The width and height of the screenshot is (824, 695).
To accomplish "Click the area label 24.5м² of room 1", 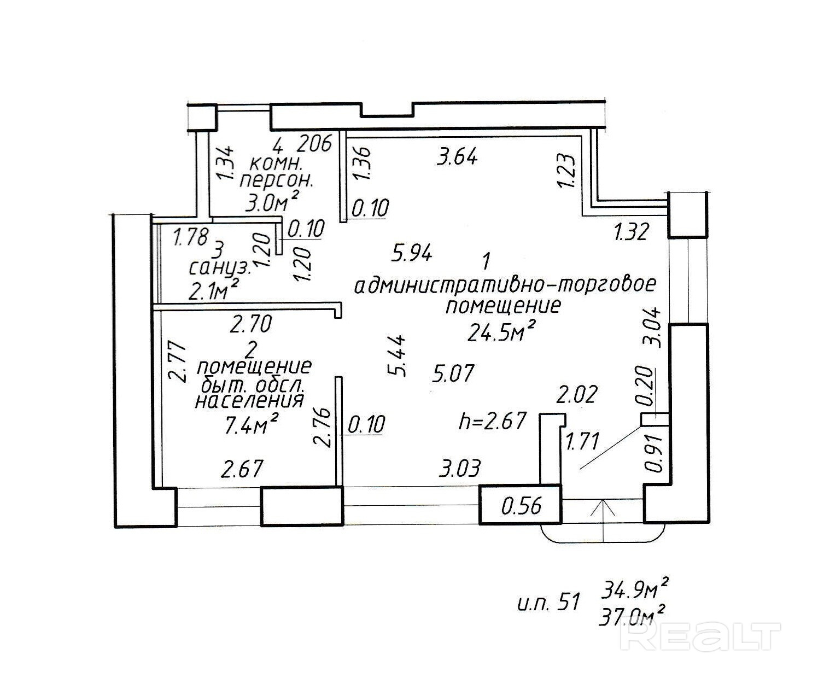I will click(500, 332).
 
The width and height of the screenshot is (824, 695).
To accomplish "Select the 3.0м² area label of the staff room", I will click(272, 203).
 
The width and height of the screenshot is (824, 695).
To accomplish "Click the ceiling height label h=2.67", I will click(493, 421).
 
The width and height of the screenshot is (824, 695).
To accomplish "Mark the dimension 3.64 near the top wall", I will click(458, 157).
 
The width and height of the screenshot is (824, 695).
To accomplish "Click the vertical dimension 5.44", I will click(398, 355).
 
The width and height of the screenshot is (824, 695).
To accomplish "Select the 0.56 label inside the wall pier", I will click(522, 506).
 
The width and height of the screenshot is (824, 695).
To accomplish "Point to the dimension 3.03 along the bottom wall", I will click(460, 468).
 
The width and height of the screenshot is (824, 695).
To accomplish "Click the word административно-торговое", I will click(504, 285).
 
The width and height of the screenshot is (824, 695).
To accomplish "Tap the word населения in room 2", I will click(249, 401).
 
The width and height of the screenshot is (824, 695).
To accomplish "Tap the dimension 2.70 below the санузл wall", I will click(250, 325).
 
